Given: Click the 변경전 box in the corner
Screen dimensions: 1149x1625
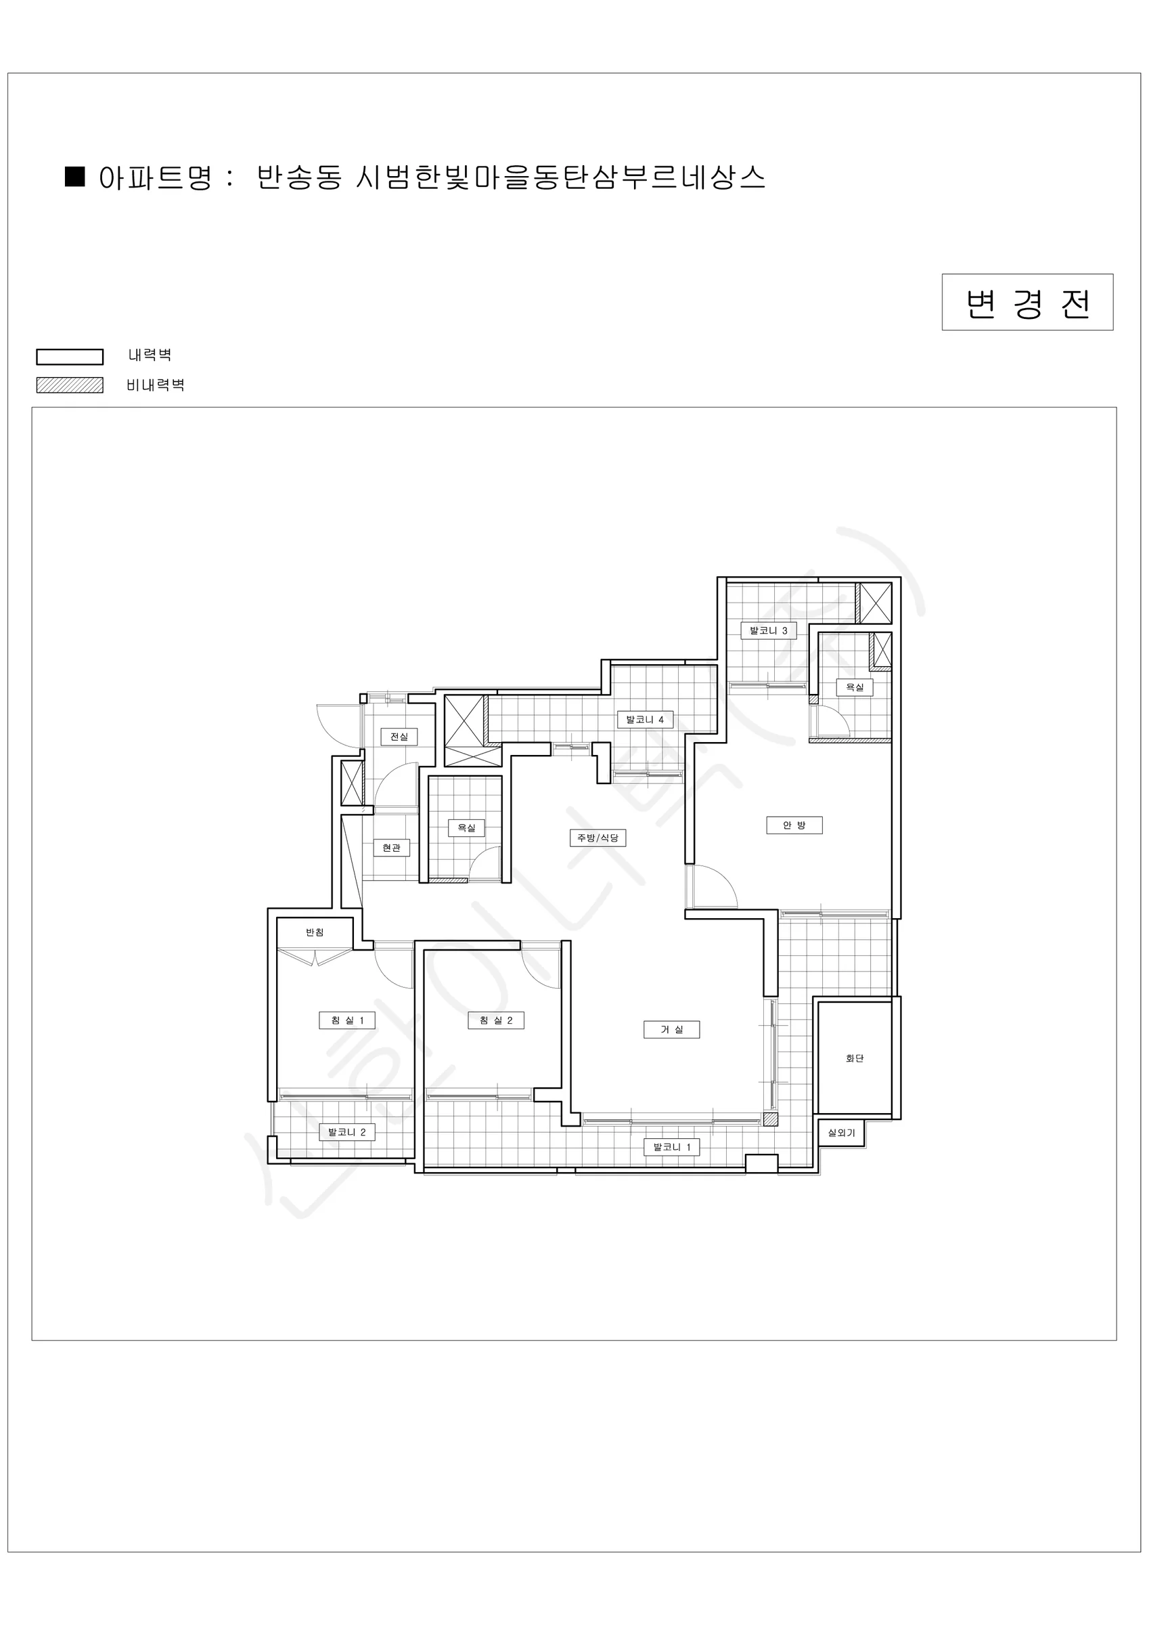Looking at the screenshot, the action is coord(1027,302).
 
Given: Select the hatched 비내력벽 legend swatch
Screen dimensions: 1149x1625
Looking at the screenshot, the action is coord(69,385).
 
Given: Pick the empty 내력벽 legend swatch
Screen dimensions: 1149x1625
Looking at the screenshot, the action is coord(69,357).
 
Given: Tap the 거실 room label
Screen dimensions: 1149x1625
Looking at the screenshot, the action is coord(671,1030).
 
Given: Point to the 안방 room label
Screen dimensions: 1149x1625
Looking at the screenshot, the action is coord(794,825).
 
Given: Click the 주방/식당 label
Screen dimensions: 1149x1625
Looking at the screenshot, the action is coord(598,838).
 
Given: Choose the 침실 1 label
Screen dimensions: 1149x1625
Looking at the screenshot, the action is coord(346,1020).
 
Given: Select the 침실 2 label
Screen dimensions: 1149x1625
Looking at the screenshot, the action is coord(496,1020).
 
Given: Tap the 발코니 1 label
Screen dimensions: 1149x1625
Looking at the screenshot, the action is coord(671,1147).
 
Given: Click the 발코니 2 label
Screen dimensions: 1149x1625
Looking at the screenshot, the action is coord(346,1132).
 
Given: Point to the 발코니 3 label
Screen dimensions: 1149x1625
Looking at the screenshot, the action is coord(768,630).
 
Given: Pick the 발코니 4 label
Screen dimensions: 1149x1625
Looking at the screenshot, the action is coord(645,720).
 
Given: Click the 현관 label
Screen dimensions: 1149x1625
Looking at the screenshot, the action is coord(391,848).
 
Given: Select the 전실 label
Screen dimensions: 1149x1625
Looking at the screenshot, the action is coord(399,737).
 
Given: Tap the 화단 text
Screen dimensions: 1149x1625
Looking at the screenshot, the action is coord(855,1059).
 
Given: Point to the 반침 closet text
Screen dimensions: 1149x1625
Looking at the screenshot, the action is coord(315,932).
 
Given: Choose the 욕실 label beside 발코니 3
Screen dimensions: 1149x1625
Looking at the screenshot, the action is coord(855,687).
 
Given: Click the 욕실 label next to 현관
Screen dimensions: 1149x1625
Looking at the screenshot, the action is coord(466,828).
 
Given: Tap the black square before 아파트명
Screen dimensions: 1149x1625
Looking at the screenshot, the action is coord(75,177).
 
